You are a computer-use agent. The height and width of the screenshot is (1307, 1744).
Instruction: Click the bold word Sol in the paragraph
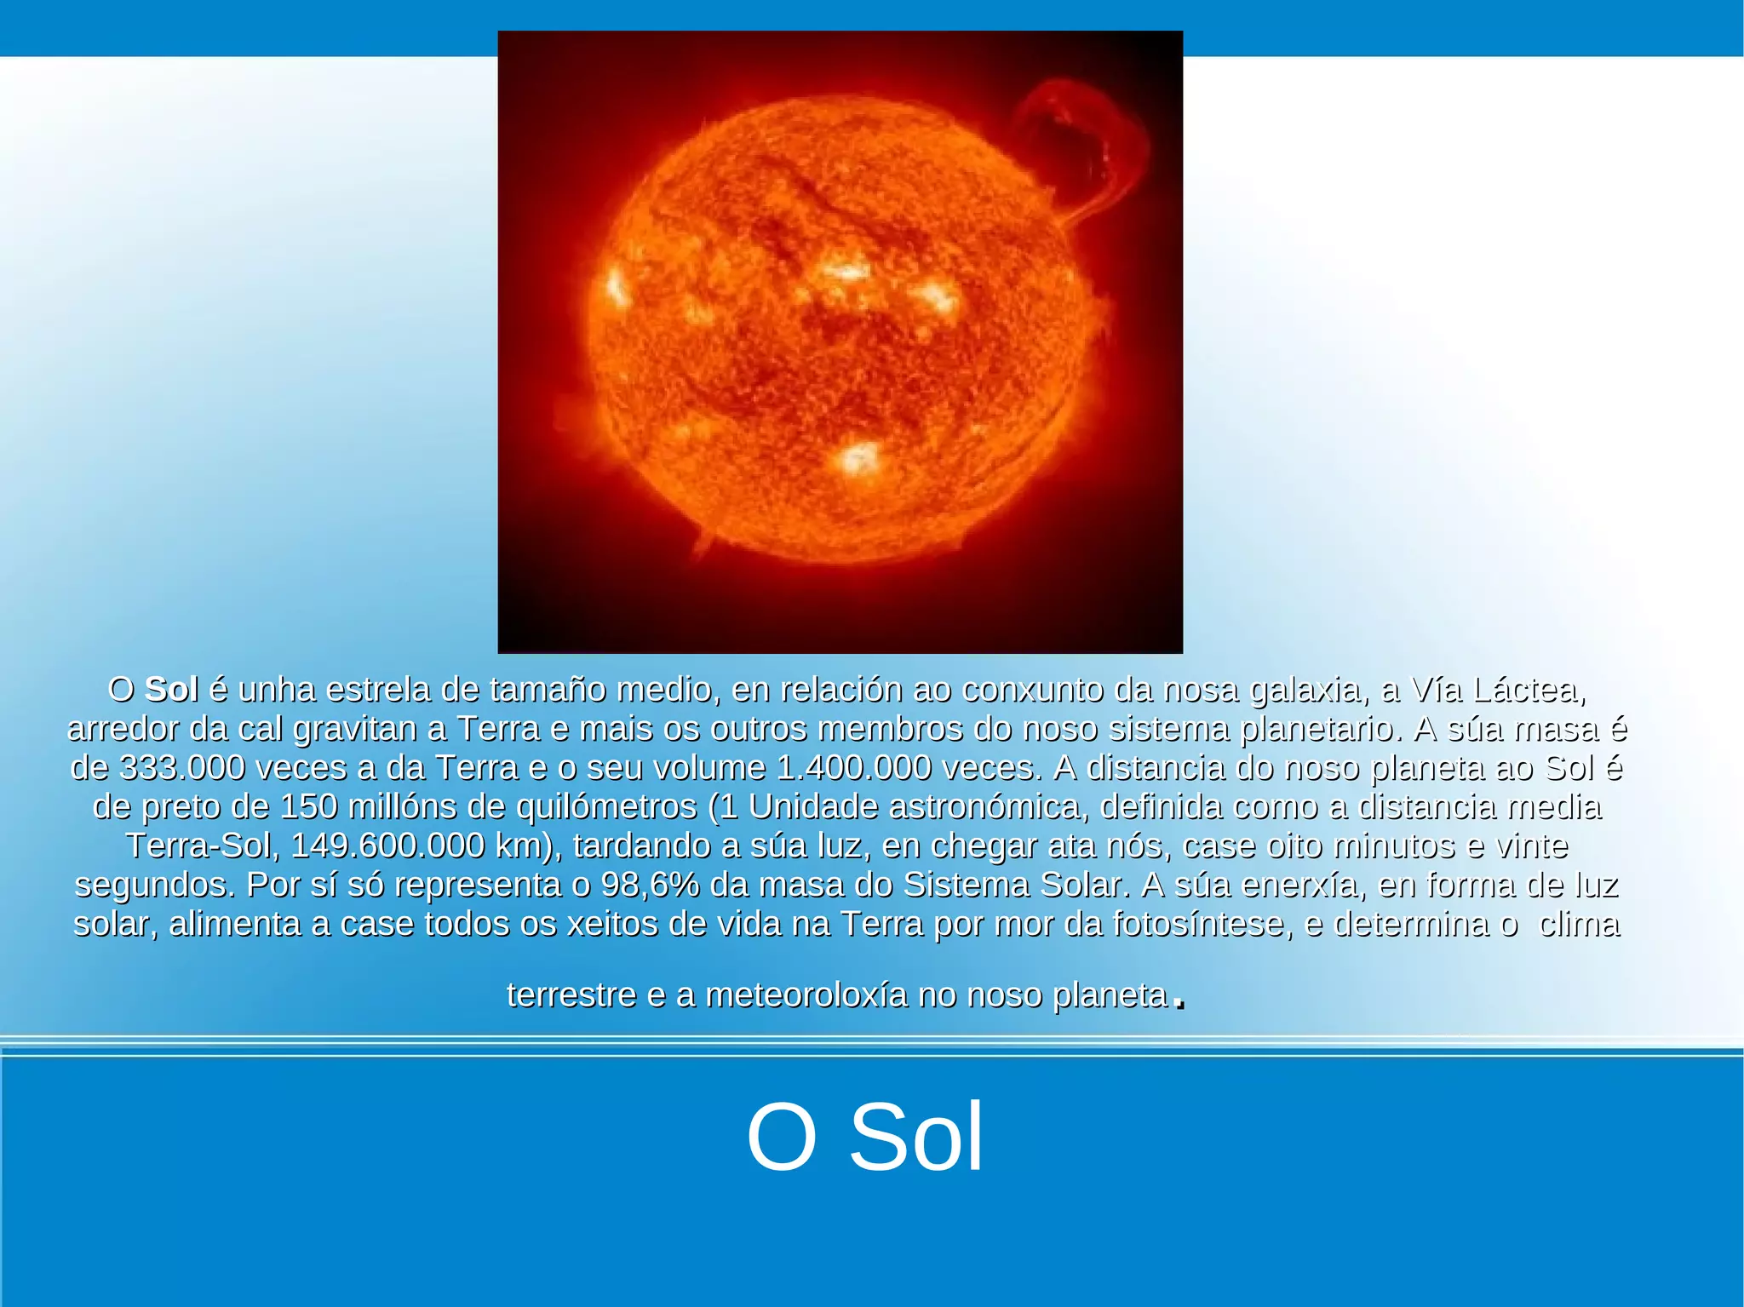(171, 689)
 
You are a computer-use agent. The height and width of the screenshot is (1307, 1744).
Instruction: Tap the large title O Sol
(864, 1138)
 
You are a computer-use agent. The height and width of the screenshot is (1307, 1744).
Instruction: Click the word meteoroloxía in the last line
(806, 995)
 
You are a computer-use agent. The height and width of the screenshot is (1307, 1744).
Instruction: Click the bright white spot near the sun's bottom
(858, 458)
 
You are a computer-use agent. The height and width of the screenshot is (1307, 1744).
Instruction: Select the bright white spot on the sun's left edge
(617, 288)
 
